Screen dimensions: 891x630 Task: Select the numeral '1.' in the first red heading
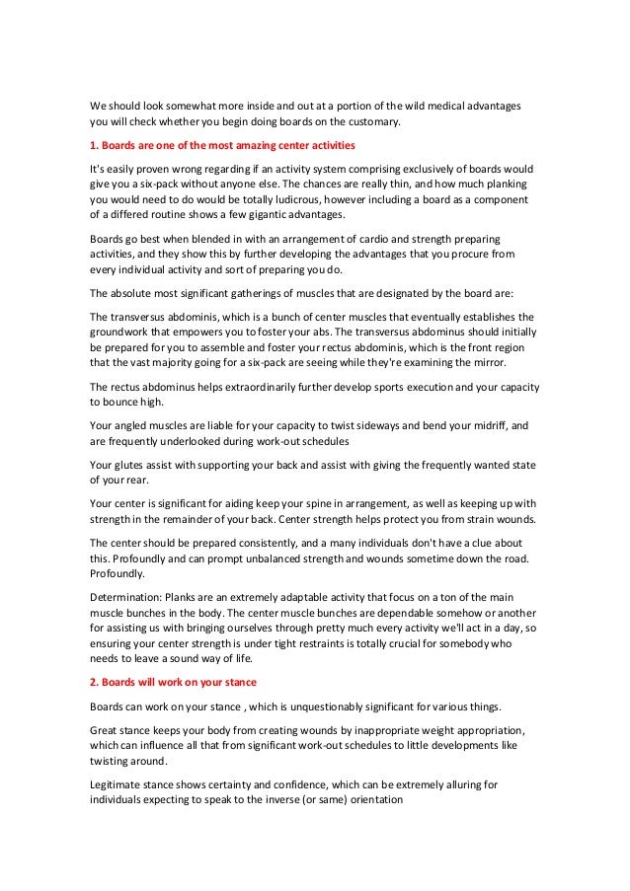[x=94, y=147]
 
